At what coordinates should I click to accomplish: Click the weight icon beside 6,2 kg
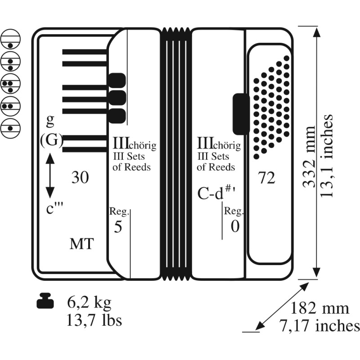pyautogui.click(x=45, y=301)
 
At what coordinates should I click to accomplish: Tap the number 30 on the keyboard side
pyautogui.click(x=80, y=177)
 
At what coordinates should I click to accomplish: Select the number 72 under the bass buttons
pyautogui.click(x=266, y=178)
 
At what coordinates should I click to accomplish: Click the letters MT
pyautogui.click(x=82, y=244)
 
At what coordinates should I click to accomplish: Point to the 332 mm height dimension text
pyautogui.click(x=309, y=157)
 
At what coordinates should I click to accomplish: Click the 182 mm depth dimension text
pyautogui.click(x=319, y=308)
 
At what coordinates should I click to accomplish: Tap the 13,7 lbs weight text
pyautogui.click(x=94, y=320)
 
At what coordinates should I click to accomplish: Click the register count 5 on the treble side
pyautogui.click(x=118, y=227)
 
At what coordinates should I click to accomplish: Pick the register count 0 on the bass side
pyautogui.click(x=235, y=226)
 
